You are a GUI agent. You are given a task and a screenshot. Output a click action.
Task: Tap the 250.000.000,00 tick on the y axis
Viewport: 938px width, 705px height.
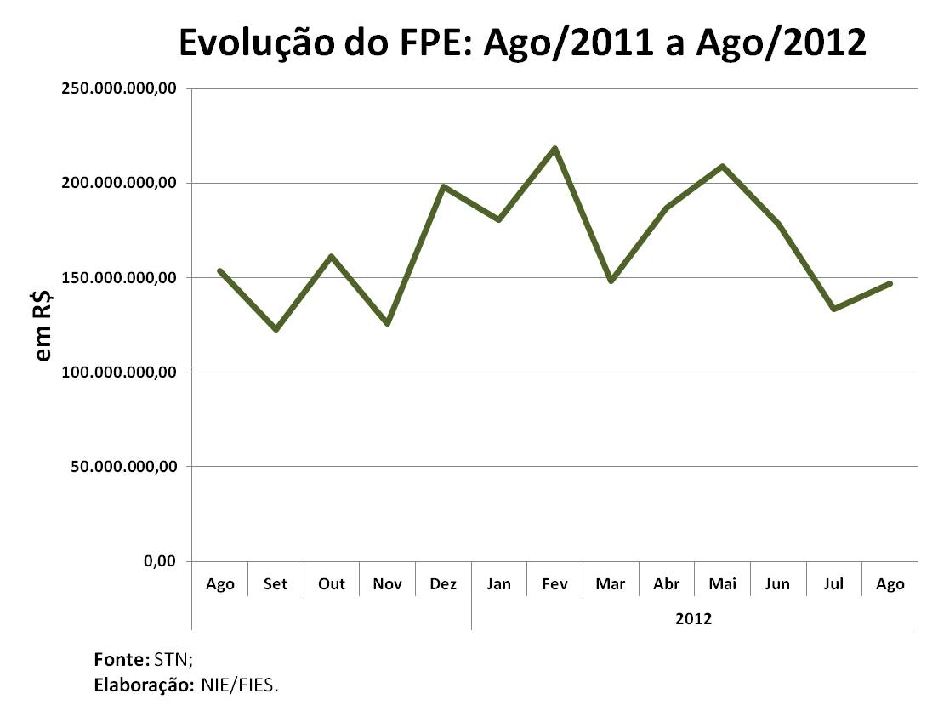coord(119,88)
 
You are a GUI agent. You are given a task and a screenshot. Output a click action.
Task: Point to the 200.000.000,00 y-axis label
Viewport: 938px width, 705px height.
coord(119,183)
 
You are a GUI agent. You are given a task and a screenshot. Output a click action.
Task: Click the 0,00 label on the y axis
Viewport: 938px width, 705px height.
coord(158,561)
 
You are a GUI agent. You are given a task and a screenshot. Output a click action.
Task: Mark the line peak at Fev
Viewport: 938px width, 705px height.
coord(554,149)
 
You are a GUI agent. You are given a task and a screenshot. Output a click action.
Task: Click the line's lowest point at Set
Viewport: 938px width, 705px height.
coord(276,329)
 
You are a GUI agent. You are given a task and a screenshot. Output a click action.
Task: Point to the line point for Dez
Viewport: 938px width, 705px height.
coord(443,186)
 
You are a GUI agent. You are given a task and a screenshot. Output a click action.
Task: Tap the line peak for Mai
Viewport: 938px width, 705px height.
coord(722,166)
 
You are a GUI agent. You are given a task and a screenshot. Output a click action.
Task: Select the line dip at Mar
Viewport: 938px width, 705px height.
coord(611,281)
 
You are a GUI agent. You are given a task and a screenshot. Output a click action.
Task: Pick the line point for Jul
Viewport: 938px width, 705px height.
coord(833,309)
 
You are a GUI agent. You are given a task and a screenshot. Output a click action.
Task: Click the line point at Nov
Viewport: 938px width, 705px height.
coord(387,323)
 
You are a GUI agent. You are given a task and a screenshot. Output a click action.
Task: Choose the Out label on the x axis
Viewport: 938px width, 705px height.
coord(332,584)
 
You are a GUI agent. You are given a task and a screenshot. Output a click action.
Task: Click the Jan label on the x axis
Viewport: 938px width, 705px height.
coord(499,584)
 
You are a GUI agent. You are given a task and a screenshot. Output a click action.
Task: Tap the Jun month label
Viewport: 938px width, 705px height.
coord(777,584)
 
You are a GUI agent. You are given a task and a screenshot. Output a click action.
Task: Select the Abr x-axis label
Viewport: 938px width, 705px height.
coord(667,584)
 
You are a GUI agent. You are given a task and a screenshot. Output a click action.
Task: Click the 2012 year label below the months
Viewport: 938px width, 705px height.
coord(694,618)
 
